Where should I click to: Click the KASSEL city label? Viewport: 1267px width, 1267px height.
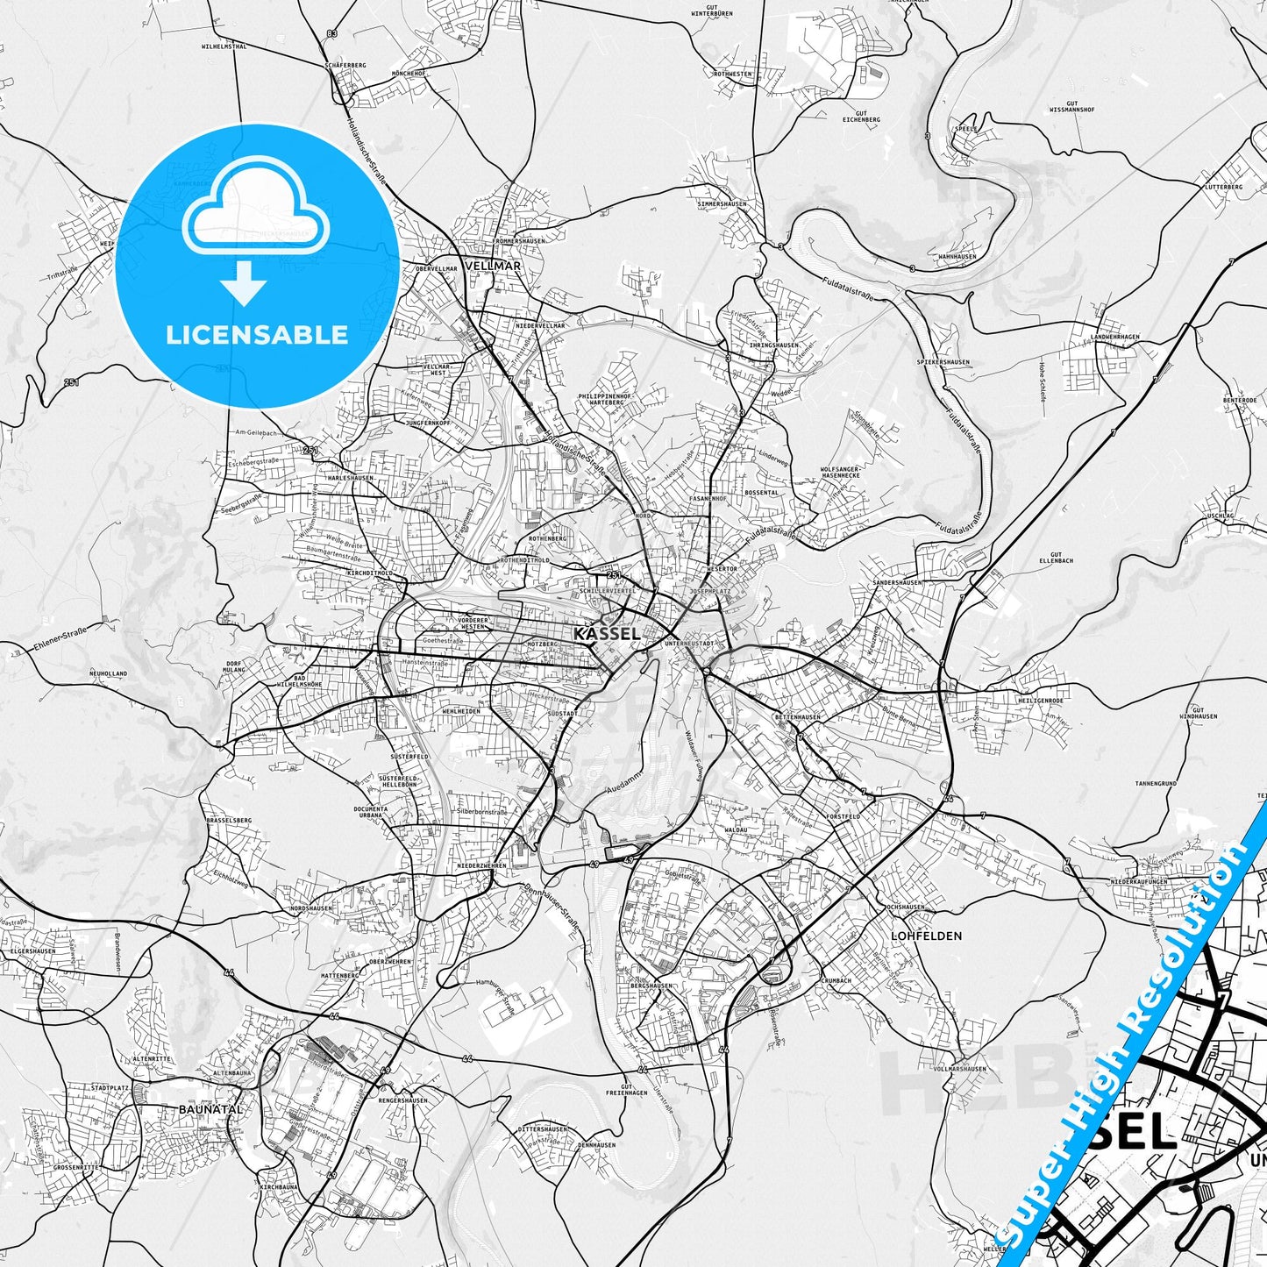606,633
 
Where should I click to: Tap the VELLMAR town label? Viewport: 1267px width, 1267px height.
495,265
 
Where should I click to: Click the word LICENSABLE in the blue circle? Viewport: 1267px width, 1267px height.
257,335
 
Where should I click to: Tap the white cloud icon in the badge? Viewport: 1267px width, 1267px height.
256,214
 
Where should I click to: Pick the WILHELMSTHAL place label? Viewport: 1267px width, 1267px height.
224,46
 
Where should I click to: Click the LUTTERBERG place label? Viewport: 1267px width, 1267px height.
1224,187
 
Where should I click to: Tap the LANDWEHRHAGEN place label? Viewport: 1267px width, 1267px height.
1114,338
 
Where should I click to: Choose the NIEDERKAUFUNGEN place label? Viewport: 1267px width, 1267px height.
1138,881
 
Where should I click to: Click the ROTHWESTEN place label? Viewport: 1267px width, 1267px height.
733,75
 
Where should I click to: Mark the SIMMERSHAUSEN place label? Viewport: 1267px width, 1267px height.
722,203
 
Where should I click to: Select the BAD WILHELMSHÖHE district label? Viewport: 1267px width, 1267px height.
299,682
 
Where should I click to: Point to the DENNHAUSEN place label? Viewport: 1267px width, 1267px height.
597,1145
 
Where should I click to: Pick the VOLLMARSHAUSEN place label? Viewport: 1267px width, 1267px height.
960,1069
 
